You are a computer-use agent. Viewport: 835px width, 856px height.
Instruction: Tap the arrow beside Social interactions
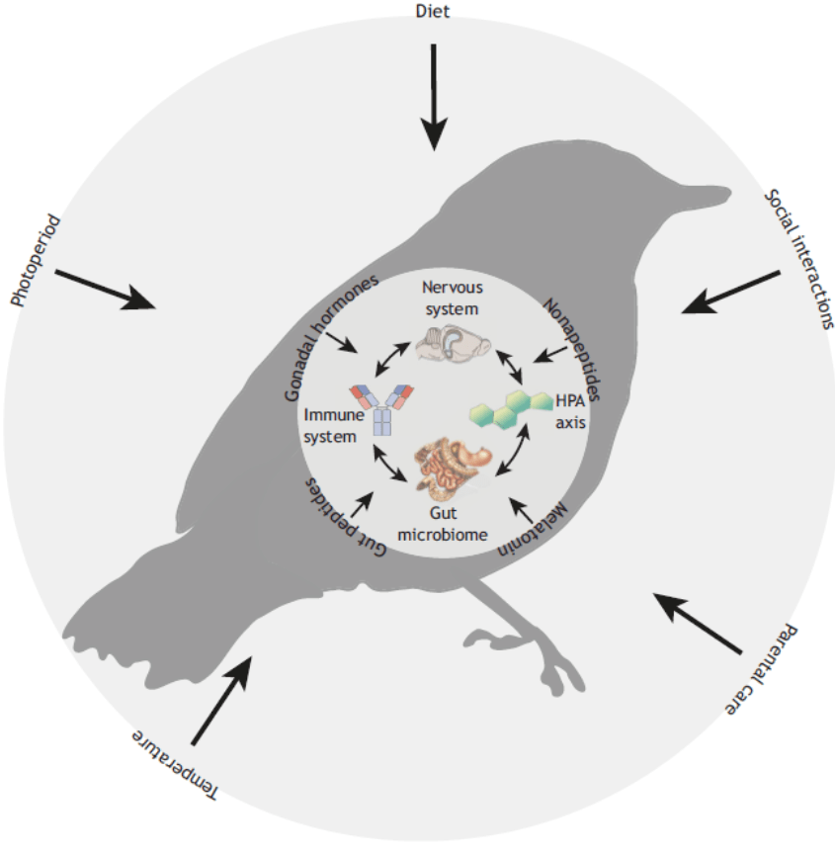coord(731,293)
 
